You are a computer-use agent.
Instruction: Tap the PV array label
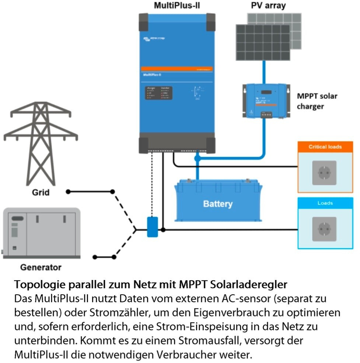point(268,6)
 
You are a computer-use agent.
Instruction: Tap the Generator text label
point(41,267)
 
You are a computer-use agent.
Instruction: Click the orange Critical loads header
point(325,146)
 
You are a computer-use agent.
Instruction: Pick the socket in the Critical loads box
point(325,173)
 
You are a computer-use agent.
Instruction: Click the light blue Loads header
point(325,203)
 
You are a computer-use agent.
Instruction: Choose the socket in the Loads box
point(325,229)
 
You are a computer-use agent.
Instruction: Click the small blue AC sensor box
point(152,227)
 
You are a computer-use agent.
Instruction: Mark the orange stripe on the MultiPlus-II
point(176,69)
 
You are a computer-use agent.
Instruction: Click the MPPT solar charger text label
point(317,101)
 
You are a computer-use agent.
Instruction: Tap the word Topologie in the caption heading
point(38,284)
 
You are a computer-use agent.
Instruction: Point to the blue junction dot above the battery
point(198,158)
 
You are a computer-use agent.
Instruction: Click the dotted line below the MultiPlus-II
point(152,184)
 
